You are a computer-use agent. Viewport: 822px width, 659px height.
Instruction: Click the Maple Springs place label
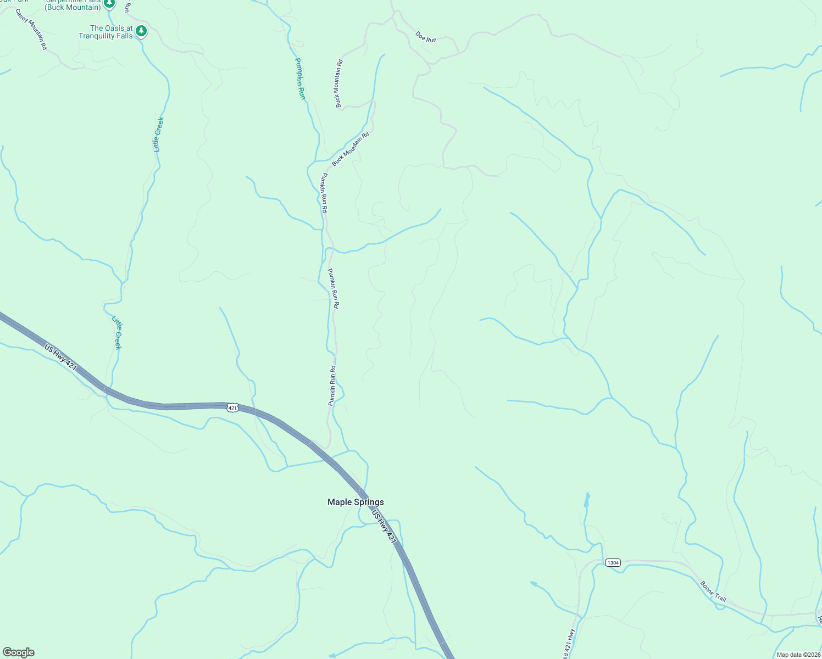tap(356, 502)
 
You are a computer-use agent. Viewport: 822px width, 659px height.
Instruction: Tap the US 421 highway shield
tap(232, 407)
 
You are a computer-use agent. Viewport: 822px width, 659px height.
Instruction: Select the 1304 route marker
tap(613, 562)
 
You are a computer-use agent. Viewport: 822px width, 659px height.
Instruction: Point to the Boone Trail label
tap(713, 591)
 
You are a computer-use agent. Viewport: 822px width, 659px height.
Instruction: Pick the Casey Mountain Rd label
tap(31, 29)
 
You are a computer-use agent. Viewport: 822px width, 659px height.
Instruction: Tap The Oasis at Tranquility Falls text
tap(106, 32)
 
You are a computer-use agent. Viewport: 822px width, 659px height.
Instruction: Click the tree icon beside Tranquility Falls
tap(142, 31)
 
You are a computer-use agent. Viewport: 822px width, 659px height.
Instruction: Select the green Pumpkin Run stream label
tap(300, 79)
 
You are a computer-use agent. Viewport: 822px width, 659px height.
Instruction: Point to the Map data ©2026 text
tap(798, 655)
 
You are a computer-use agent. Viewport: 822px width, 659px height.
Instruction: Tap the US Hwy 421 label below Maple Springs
tap(384, 527)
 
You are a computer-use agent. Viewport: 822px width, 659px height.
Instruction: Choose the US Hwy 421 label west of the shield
tap(60, 358)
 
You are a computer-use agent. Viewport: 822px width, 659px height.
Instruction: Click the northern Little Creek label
tap(158, 135)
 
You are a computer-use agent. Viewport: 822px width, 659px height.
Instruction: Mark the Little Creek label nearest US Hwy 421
tap(117, 333)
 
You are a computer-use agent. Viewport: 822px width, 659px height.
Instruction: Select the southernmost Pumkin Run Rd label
tap(332, 386)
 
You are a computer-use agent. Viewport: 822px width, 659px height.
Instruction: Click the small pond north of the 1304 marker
tap(587, 500)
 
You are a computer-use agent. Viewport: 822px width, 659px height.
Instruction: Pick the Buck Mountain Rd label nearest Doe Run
tap(339, 83)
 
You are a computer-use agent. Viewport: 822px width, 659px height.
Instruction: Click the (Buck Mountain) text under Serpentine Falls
tap(73, 8)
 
